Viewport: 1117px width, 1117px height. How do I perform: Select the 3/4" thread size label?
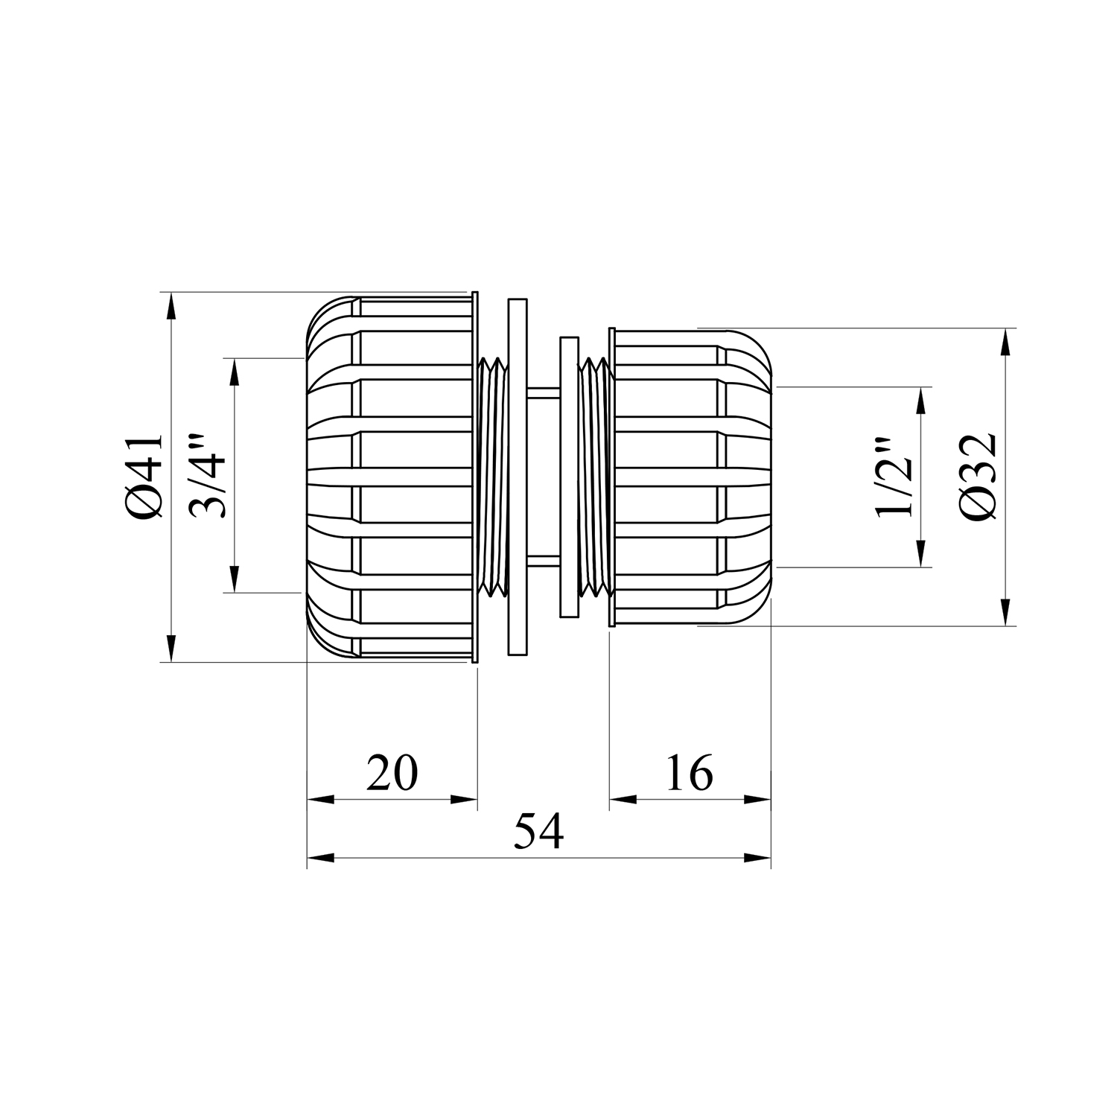pos(207,476)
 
